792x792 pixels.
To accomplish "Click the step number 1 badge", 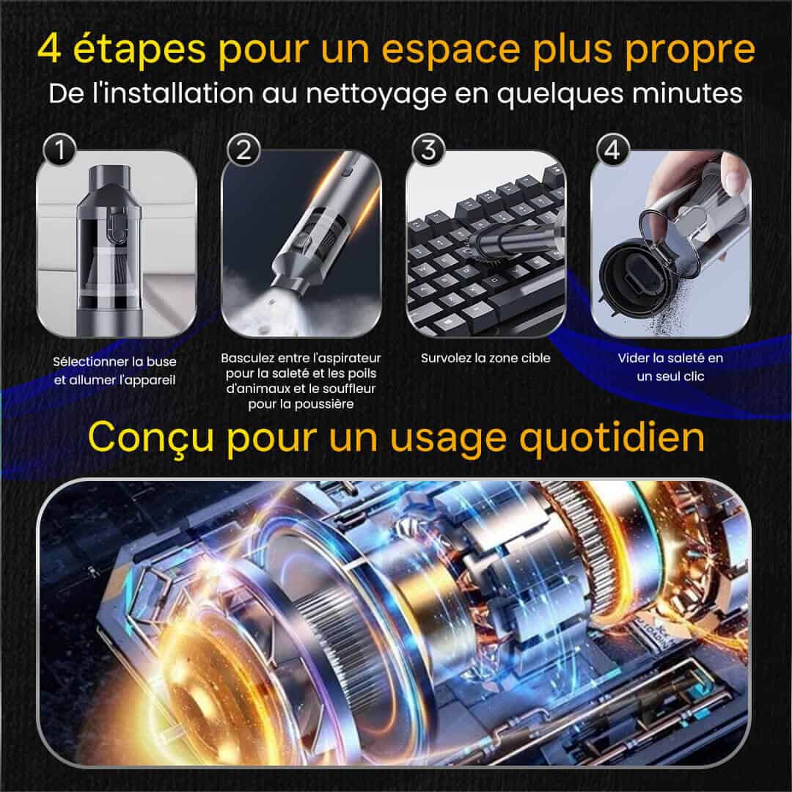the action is [59, 150].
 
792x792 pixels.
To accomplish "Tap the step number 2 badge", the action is [244, 150].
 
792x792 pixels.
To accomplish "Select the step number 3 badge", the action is [428, 150].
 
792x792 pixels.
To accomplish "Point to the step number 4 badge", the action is [612, 150].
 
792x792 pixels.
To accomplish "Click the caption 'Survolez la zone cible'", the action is [485, 358].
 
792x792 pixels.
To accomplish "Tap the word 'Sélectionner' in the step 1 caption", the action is [90, 362].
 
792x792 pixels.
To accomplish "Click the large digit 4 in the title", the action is [50, 50].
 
